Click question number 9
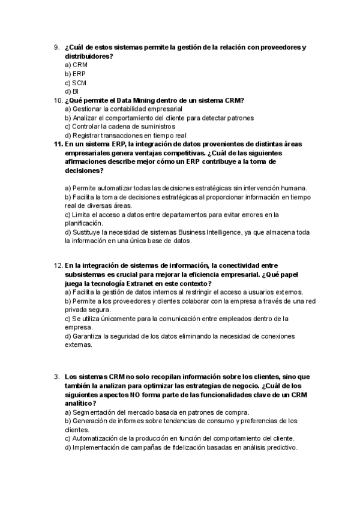pos(56,47)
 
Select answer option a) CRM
pos(76,65)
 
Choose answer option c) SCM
pos(76,83)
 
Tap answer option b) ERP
pos(76,74)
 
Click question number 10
pos(58,100)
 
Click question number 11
pos(58,144)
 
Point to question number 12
pos(58,265)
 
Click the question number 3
pos(56,377)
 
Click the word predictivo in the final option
pos(279,447)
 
